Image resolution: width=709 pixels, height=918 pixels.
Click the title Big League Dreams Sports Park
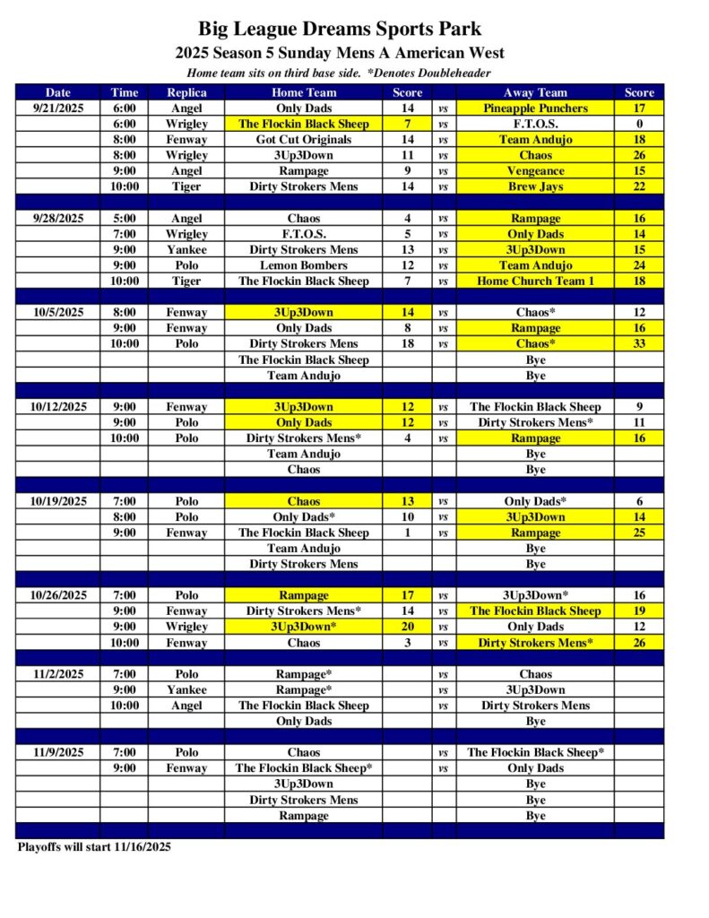[x=340, y=30]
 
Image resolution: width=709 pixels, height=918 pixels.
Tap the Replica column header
[x=186, y=92]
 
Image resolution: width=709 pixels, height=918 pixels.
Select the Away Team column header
[x=535, y=92]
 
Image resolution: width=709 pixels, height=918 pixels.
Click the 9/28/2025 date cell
[x=58, y=219]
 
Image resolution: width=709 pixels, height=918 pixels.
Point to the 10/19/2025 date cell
[x=58, y=501]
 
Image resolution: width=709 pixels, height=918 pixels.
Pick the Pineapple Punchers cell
[x=535, y=108]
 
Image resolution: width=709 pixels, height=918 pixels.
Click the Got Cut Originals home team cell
[x=304, y=140]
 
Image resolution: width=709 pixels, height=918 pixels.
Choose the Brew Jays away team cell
[x=535, y=186]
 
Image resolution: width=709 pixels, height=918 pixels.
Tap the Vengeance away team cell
[x=535, y=171]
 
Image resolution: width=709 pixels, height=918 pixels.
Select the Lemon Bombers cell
[x=304, y=265]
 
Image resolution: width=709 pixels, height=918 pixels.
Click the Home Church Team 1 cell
[x=535, y=281]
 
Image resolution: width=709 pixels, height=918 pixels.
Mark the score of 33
[x=639, y=344]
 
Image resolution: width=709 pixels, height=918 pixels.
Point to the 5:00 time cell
[x=125, y=219]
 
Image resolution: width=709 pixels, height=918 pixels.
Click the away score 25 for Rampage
[x=639, y=533]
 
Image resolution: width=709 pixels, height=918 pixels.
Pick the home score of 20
[x=407, y=627]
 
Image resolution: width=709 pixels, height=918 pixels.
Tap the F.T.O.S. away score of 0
[x=639, y=124]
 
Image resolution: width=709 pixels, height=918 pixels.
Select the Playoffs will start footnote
[x=94, y=846]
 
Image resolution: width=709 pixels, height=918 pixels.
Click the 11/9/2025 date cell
[x=58, y=752]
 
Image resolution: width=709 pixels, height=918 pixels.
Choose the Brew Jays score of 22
[x=639, y=186]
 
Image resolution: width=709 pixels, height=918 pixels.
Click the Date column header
[x=58, y=92]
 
